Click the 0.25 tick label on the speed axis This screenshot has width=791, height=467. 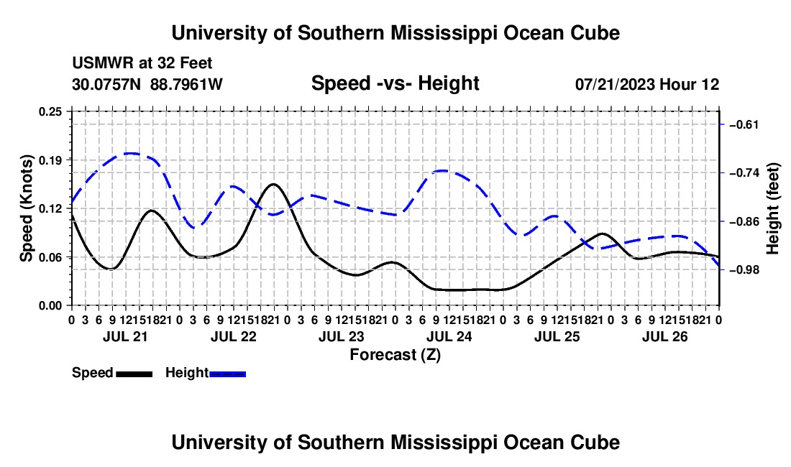(50, 111)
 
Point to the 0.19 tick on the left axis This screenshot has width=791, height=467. (50, 160)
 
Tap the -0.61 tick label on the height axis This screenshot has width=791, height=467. (744, 124)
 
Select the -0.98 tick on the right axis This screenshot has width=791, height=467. (744, 270)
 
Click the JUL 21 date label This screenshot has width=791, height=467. (125, 336)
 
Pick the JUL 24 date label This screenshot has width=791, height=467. (449, 336)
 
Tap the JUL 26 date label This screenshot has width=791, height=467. (665, 336)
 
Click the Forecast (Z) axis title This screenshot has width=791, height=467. (395, 355)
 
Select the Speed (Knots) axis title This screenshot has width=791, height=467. (27, 208)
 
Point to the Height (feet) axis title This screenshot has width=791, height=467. (773, 208)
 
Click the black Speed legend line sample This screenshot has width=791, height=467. (134, 374)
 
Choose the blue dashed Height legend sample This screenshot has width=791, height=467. (227, 374)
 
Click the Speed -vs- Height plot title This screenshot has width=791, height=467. (395, 83)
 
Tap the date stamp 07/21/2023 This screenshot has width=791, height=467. (616, 84)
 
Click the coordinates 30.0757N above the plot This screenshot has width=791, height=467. (106, 84)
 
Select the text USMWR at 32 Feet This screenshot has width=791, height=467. (142, 63)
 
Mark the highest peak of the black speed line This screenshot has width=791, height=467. (273, 184)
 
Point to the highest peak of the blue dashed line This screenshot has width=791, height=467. (131, 153)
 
